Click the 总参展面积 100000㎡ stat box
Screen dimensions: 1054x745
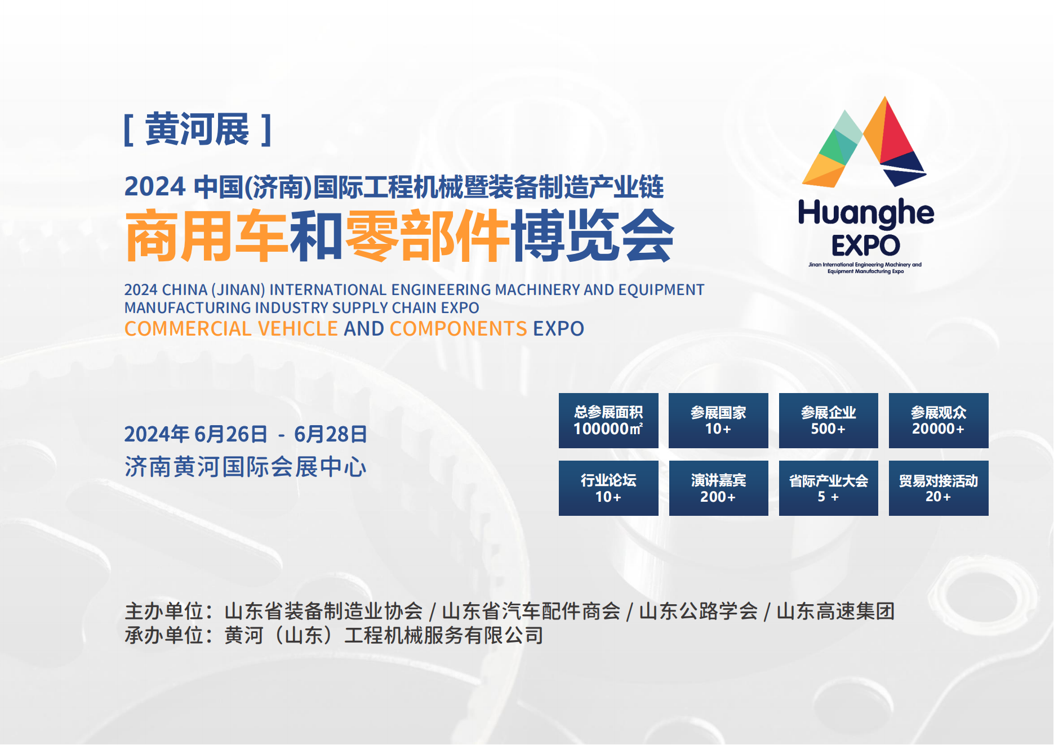[x=608, y=421]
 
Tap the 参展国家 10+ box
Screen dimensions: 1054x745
[x=718, y=421]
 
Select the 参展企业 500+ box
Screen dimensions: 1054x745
[x=829, y=421]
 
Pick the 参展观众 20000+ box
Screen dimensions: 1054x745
[x=939, y=421]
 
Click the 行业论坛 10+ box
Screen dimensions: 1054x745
[x=608, y=488]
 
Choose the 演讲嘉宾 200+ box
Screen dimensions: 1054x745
[x=718, y=488]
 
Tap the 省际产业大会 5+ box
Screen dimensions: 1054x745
[x=829, y=488]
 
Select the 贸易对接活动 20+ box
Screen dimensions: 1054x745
[x=939, y=488]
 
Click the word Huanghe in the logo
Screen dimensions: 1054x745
[x=866, y=213]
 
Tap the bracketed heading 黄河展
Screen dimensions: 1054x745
[x=198, y=130]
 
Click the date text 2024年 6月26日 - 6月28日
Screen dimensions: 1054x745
[x=246, y=434]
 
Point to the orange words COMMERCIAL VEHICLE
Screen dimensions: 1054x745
[x=231, y=329]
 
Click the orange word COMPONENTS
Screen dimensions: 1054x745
[x=458, y=329]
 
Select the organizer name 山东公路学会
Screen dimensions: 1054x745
[x=699, y=612]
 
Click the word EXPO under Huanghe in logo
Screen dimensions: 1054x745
[x=866, y=246]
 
